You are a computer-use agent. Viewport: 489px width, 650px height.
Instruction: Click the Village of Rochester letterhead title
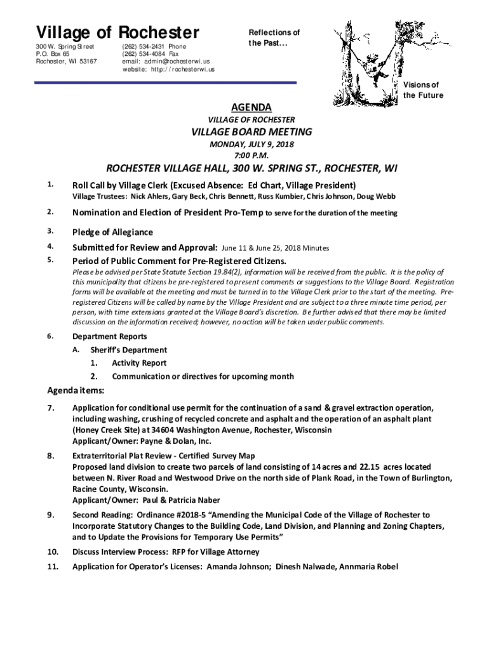tap(117, 32)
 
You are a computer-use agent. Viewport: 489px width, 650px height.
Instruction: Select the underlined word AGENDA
tap(251, 107)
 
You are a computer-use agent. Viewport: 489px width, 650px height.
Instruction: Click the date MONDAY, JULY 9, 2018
tap(251, 145)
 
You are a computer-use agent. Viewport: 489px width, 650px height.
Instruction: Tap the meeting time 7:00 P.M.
tap(251, 156)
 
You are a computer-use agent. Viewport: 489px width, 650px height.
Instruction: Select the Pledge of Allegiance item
tap(112, 232)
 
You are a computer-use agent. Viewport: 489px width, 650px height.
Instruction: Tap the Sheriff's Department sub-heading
tap(128, 350)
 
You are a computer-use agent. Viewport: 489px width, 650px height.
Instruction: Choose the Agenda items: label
tap(76, 390)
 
